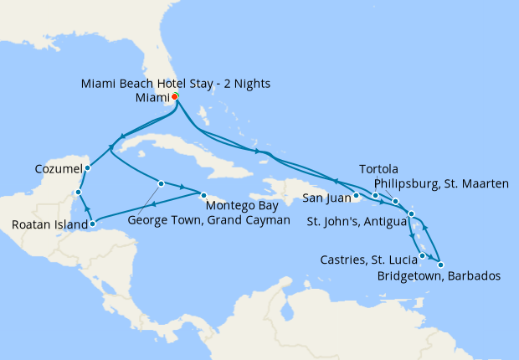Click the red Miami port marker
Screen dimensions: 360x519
pos(175,97)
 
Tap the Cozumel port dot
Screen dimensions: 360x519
pos(87,167)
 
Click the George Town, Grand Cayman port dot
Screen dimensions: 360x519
pos(161,183)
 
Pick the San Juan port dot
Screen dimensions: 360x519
pos(356,197)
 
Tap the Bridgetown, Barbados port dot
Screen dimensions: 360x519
pos(440,265)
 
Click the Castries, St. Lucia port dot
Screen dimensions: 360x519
pos(422,255)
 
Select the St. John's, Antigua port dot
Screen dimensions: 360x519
pos(411,215)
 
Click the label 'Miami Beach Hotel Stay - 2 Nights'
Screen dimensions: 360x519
pos(176,84)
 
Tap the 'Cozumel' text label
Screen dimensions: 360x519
pos(58,168)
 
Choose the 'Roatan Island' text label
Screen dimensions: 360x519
pos(49,224)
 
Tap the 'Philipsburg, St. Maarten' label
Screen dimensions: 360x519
pos(439,184)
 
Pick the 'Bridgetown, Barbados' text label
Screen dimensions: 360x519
pos(439,275)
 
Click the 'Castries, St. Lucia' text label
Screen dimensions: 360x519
pos(368,260)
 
